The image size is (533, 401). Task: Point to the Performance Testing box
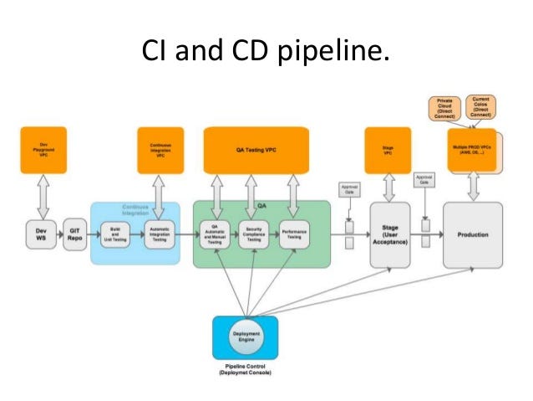pos(293,235)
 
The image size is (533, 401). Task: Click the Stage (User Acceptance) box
pos(389,234)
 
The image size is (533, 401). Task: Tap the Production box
pos(473,234)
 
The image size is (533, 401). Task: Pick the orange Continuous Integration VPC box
pos(160,148)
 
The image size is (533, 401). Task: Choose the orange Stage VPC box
pos(388,149)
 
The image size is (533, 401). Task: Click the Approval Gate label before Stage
pos(348,189)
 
